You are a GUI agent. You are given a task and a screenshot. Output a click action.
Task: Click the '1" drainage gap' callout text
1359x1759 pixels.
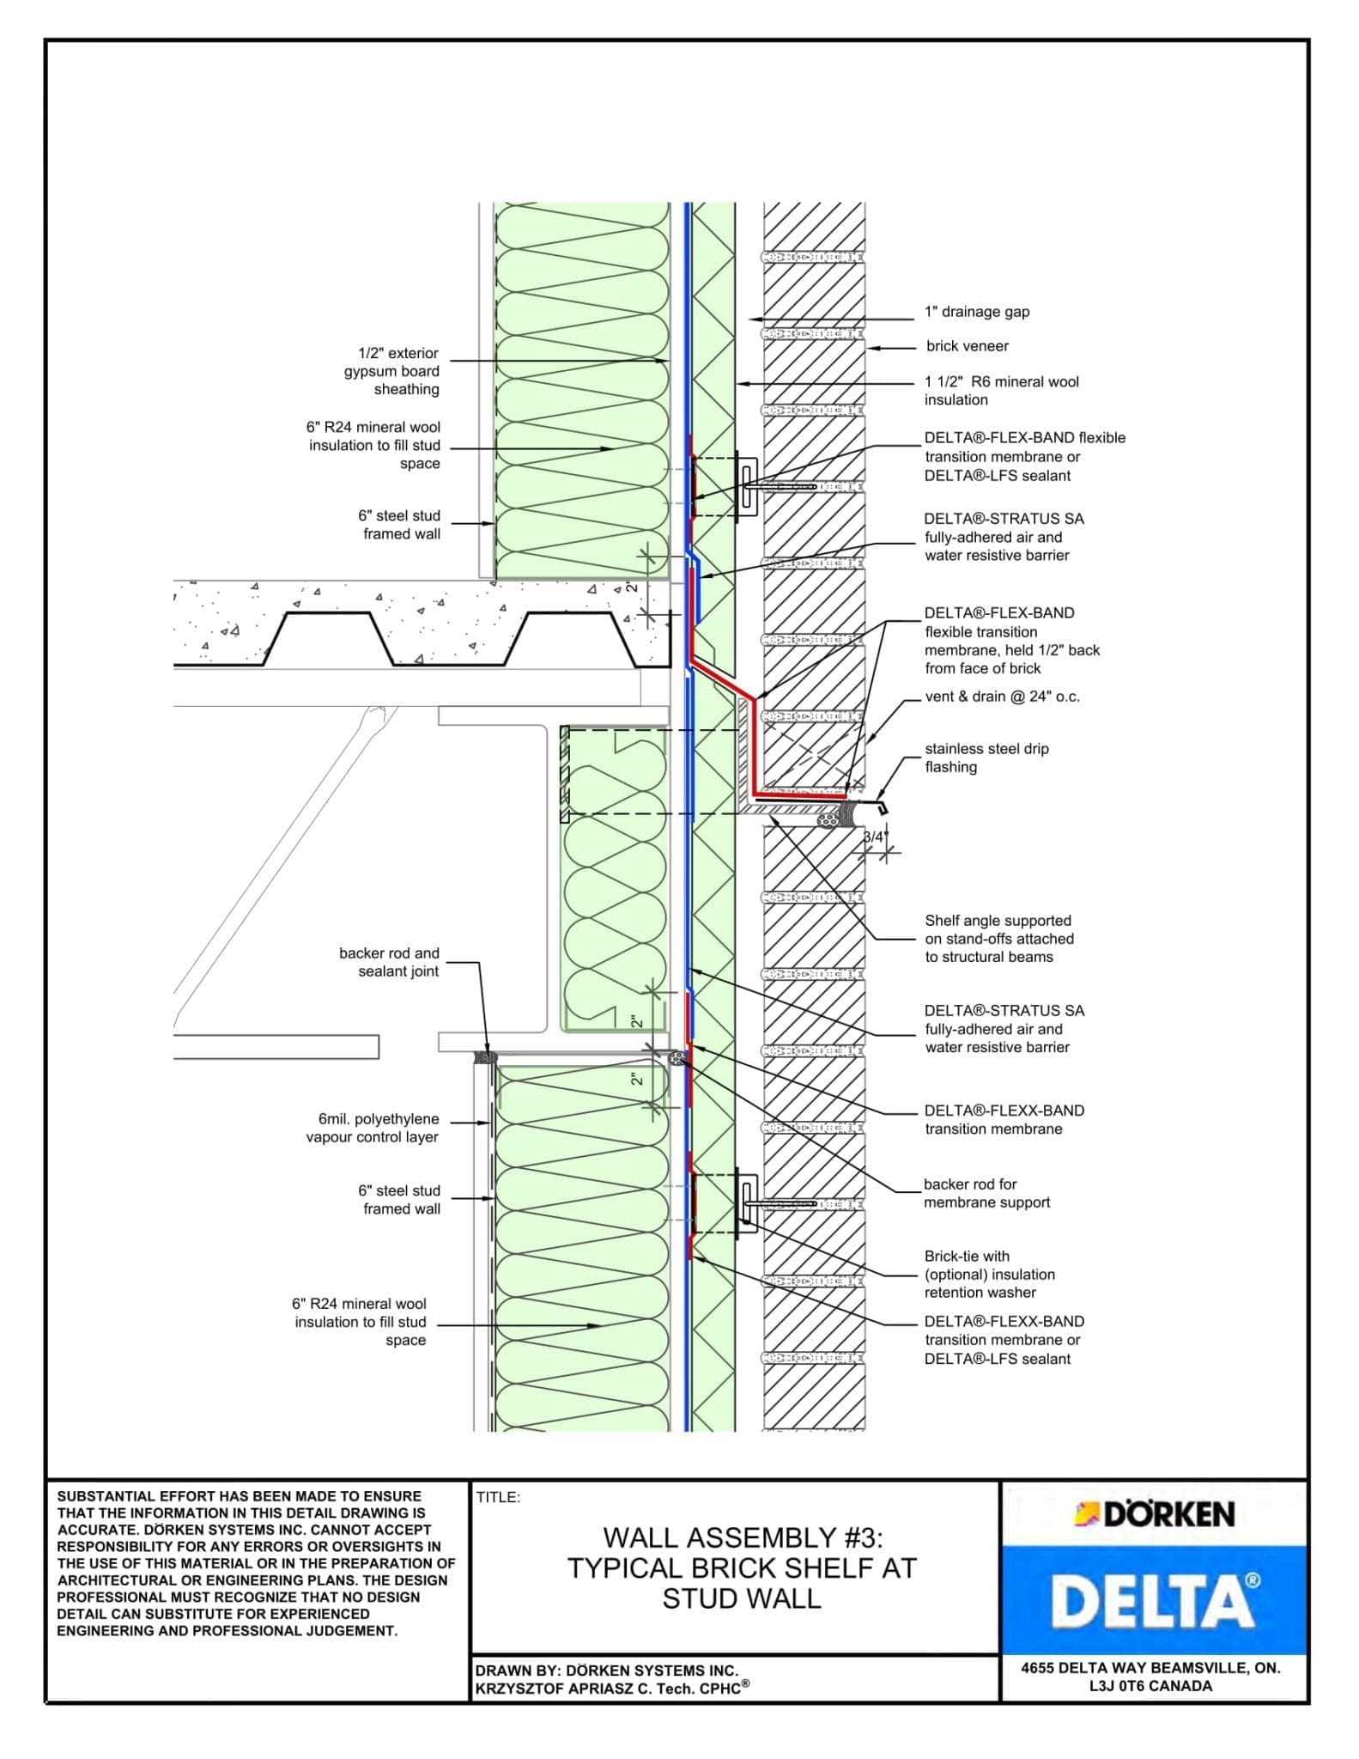976,312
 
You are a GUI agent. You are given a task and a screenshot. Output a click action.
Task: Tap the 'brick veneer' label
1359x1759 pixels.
967,346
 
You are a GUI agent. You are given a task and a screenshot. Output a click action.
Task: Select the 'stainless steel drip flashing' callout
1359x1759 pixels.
986,758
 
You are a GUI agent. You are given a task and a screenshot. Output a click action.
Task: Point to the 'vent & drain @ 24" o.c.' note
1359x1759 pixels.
1002,697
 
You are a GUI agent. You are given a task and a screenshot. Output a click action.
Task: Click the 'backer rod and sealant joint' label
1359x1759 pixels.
389,962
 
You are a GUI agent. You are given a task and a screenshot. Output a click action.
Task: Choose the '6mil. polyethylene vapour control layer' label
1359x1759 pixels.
373,1128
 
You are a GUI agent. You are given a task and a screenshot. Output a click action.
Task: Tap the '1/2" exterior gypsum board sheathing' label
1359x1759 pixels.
391,371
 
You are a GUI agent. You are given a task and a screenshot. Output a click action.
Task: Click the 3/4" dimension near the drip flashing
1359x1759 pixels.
873,837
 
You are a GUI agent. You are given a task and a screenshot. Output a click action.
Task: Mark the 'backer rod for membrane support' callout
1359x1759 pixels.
986,1193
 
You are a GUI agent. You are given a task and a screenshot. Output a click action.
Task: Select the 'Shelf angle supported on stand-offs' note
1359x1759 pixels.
998,939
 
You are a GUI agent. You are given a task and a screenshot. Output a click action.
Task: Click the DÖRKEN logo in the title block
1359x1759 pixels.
1155,1514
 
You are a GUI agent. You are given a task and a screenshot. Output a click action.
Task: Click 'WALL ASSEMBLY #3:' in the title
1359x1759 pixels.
742,1537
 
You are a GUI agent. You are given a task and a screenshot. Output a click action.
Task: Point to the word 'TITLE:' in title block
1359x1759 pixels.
499,1497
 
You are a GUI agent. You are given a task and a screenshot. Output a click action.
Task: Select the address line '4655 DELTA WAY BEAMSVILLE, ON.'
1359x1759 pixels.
1150,1668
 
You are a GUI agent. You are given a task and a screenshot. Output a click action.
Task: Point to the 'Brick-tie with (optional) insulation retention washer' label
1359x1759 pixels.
989,1274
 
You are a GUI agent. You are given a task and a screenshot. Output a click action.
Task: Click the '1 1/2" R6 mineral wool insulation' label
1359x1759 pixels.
1001,390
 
